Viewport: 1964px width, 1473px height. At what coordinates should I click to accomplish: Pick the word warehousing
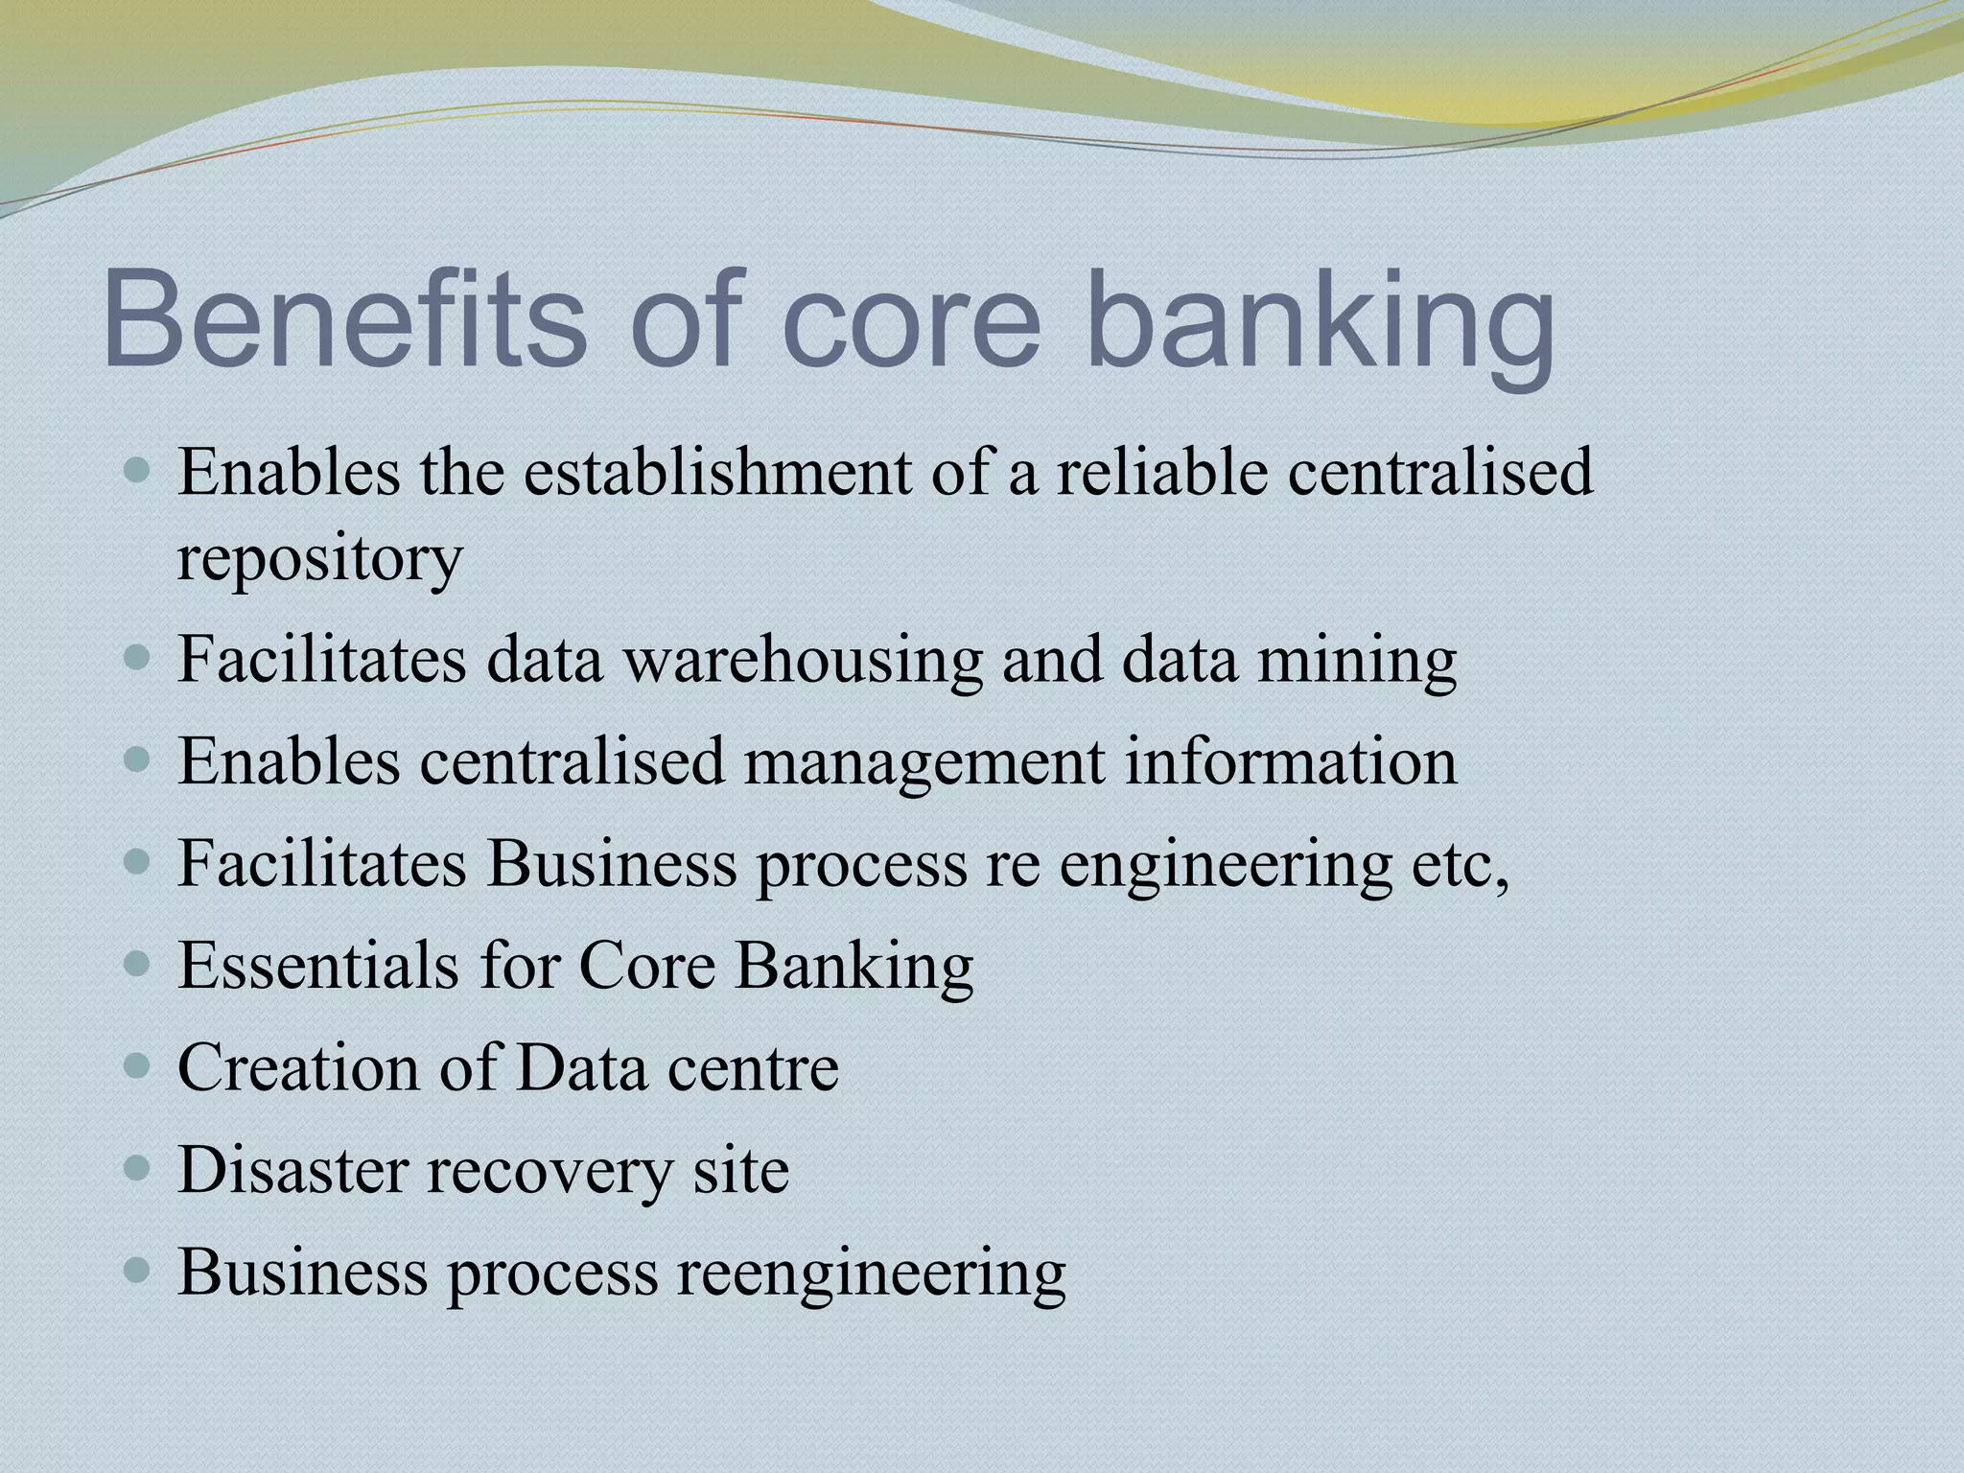pos(804,661)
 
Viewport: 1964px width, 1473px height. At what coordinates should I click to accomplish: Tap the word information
pos(1290,762)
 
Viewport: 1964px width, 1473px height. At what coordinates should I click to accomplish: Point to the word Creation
pos(298,1068)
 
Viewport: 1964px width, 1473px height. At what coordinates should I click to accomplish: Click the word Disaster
pos(292,1170)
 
